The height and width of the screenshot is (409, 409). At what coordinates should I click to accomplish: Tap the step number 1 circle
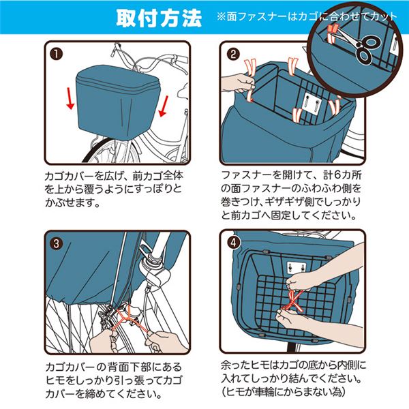tap(57, 54)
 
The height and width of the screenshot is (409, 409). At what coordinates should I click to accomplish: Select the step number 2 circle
tap(233, 54)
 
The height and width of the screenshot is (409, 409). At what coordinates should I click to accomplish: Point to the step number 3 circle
tap(57, 243)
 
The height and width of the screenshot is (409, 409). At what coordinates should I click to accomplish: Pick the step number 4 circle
tap(233, 242)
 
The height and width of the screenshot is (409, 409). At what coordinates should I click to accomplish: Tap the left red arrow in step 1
tap(70, 98)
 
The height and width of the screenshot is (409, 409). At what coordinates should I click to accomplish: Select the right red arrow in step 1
tap(164, 106)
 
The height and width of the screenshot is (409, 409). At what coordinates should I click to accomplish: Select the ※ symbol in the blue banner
tap(221, 17)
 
